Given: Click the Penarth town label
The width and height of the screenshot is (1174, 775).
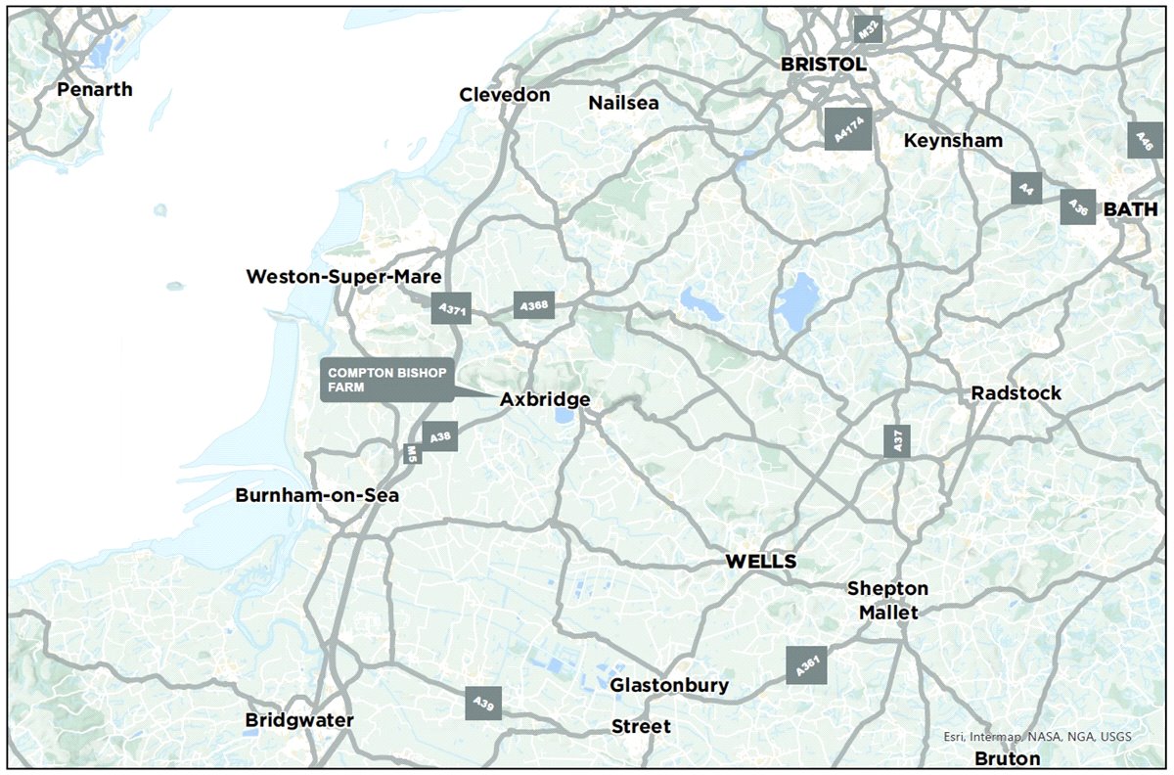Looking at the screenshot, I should click(x=94, y=90).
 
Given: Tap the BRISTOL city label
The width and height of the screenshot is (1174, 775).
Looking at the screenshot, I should click(x=823, y=65).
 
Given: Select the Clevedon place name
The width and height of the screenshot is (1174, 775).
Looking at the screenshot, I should click(x=505, y=95).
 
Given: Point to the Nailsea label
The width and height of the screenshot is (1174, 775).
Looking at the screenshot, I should click(x=623, y=103).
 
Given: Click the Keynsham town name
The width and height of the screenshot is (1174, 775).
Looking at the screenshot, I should click(x=953, y=140).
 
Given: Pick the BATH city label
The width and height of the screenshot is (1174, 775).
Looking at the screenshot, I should click(x=1130, y=209).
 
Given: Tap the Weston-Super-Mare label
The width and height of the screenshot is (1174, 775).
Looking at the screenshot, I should click(x=344, y=277).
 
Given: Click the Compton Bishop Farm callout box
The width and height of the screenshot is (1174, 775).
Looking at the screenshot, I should click(x=386, y=381).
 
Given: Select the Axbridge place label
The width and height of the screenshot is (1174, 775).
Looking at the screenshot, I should click(x=545, y=399).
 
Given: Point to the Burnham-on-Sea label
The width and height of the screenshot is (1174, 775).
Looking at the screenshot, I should click(x=317, y=495).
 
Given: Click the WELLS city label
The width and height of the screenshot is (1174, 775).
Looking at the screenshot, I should click(x=760, y=562).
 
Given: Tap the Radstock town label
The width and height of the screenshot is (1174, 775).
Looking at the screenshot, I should click(x=1016, y=392).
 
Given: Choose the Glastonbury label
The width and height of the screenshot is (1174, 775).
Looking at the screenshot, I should click(x=669, y=685).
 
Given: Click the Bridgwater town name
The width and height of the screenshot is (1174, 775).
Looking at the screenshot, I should click(x=299, y=720).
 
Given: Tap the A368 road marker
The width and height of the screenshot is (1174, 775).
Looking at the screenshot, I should click(x=534, y=306).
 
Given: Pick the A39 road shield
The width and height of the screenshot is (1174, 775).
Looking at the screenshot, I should click(x=483, y=703).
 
